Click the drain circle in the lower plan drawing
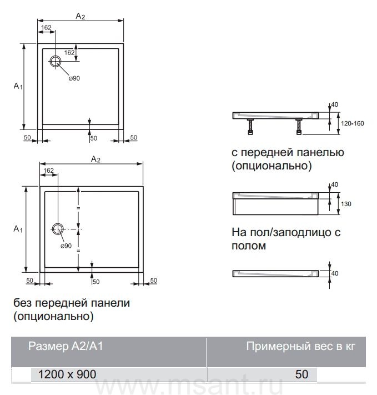58,229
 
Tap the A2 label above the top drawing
80,17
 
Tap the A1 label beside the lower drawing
18,228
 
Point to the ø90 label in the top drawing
74,78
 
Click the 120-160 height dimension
353,123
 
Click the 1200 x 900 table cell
67,374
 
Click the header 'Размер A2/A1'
66,347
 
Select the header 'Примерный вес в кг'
300,347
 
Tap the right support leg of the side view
300,127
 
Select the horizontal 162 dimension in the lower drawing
48,170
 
